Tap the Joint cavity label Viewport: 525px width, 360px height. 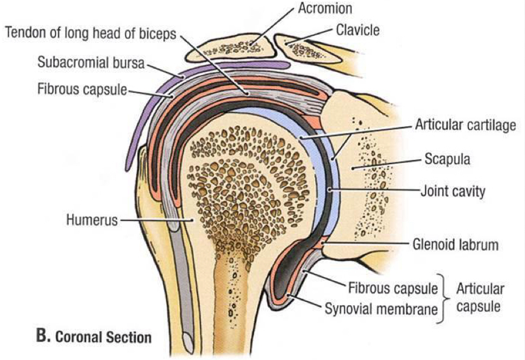pos(452,191)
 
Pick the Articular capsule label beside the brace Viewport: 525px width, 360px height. pos(480,297)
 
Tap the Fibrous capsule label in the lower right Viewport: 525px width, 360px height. pos(393,287)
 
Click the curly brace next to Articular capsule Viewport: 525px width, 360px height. pos(446,298)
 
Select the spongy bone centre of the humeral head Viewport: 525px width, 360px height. pos(238,183)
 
